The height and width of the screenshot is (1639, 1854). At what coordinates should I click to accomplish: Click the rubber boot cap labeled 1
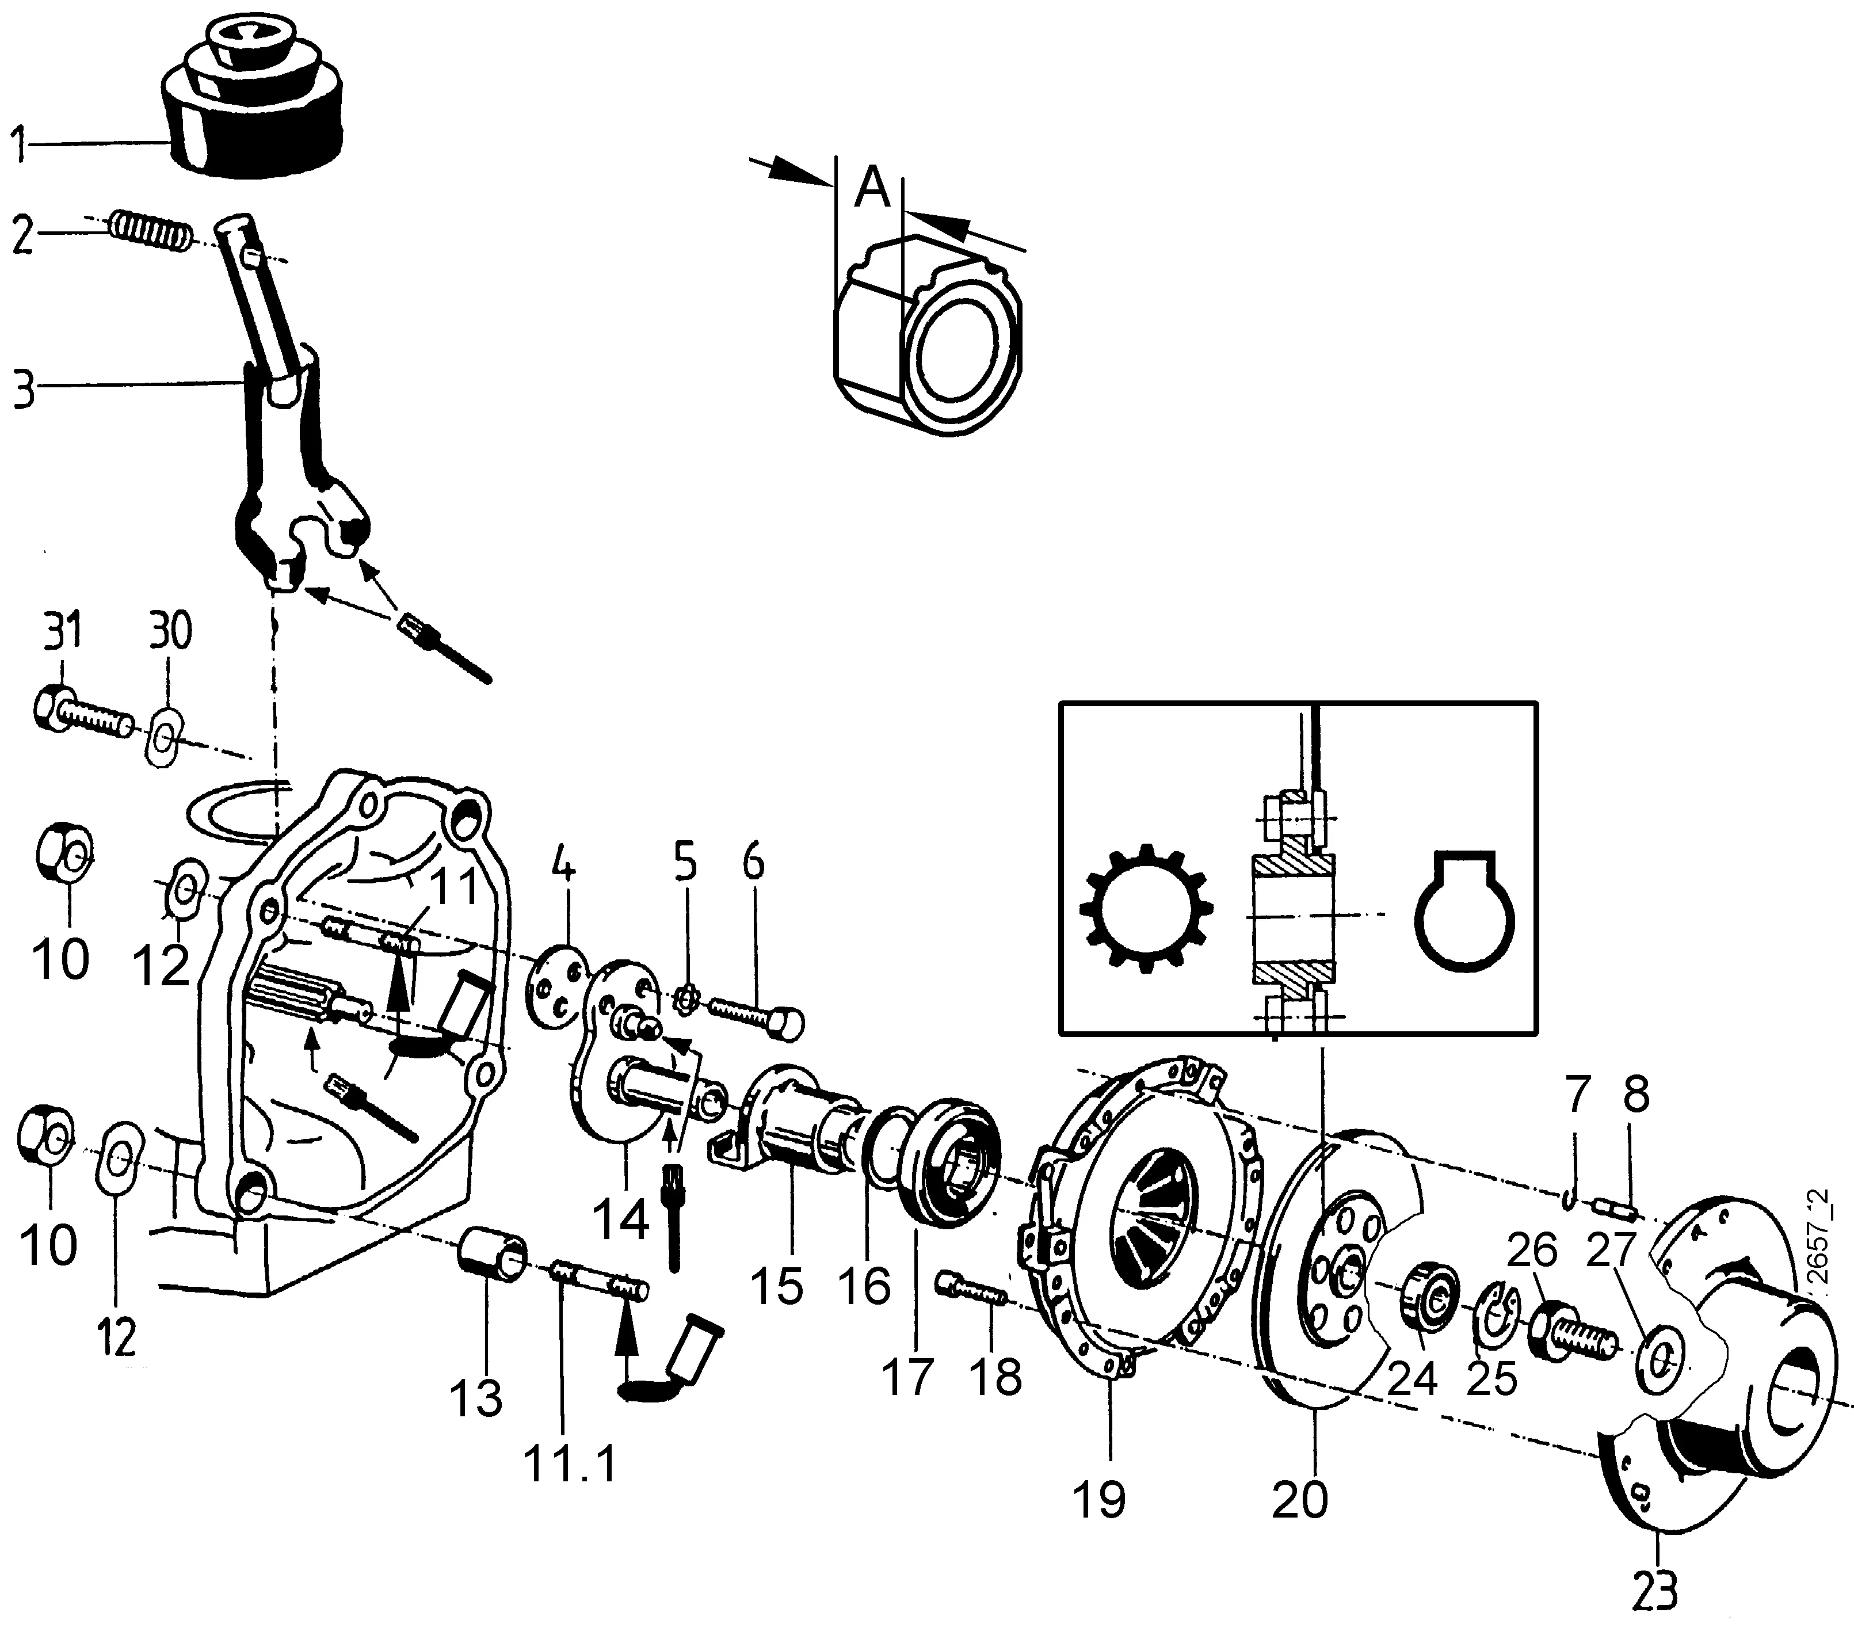coord(254,109)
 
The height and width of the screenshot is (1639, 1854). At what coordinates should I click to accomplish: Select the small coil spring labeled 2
coord(150,231)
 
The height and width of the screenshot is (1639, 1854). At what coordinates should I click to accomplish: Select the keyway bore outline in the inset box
coord(1465,912)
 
